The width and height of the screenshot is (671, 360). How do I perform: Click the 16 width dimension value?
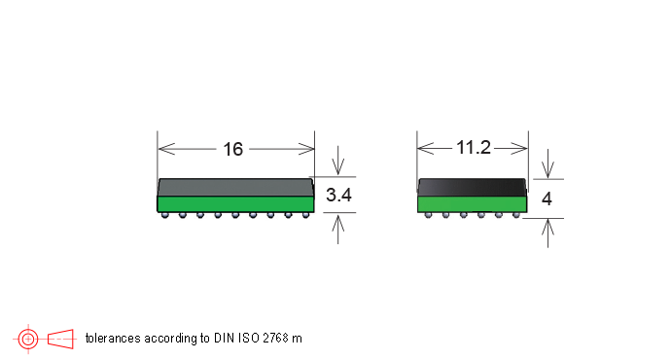(x=232, y=150)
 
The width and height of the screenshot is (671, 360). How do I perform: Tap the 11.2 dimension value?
(x=474, y=148)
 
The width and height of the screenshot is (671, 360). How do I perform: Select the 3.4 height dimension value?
(x=338, y=195)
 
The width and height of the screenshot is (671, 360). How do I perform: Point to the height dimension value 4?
(x=547, y=198)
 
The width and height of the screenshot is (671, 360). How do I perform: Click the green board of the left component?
(x=235, y=203)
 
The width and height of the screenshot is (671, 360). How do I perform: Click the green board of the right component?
(x=472, y=204)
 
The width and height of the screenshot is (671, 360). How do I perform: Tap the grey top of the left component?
(x=235, y=188)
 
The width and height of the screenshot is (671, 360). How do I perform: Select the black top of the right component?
(x=472, y=188)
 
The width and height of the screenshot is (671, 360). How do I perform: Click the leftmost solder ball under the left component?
(x=165, y=215)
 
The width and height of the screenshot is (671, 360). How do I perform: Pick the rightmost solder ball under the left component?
(x=305, y=215)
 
